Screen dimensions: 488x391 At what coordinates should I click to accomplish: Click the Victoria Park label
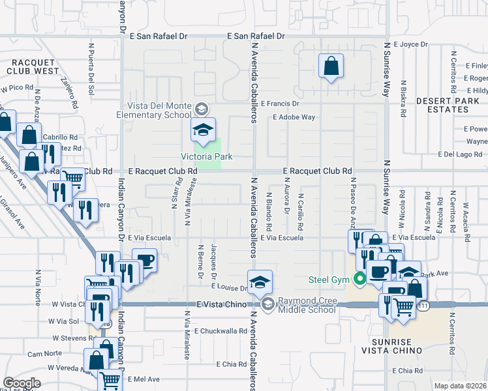click(207, 157)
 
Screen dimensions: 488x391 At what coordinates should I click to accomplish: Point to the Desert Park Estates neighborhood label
click(451, 105)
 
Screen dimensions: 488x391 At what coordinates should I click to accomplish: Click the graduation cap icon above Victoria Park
click(203, 130)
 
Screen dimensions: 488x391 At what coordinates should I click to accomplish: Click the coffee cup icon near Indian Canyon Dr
click(144, 261)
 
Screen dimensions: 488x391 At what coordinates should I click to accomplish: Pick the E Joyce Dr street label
click(410, 45)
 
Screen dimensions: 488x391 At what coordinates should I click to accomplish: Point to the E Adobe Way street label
click(294, 117)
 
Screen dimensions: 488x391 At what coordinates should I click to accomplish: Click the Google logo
click(22, 383)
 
